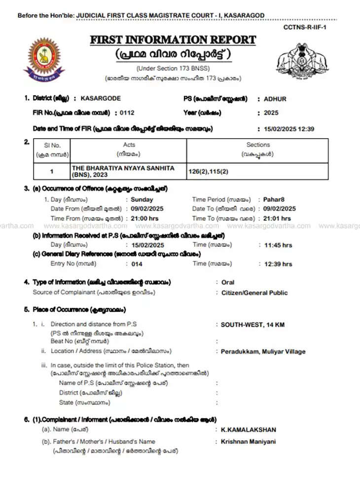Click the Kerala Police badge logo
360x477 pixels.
click(x=44, y=59)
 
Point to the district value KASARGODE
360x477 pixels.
click(x=100, y=99)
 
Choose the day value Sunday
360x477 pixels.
click(x=142, y=200)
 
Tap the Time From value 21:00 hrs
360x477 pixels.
click(x=145, y=218)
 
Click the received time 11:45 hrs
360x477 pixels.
click(x=278, y=245)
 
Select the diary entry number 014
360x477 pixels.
click(x=137, y=264)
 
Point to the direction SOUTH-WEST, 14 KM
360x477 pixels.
click(x=252, y=325)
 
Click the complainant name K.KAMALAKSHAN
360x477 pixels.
click(x=248, y=430)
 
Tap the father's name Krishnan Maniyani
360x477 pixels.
click(x=248, y=441)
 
